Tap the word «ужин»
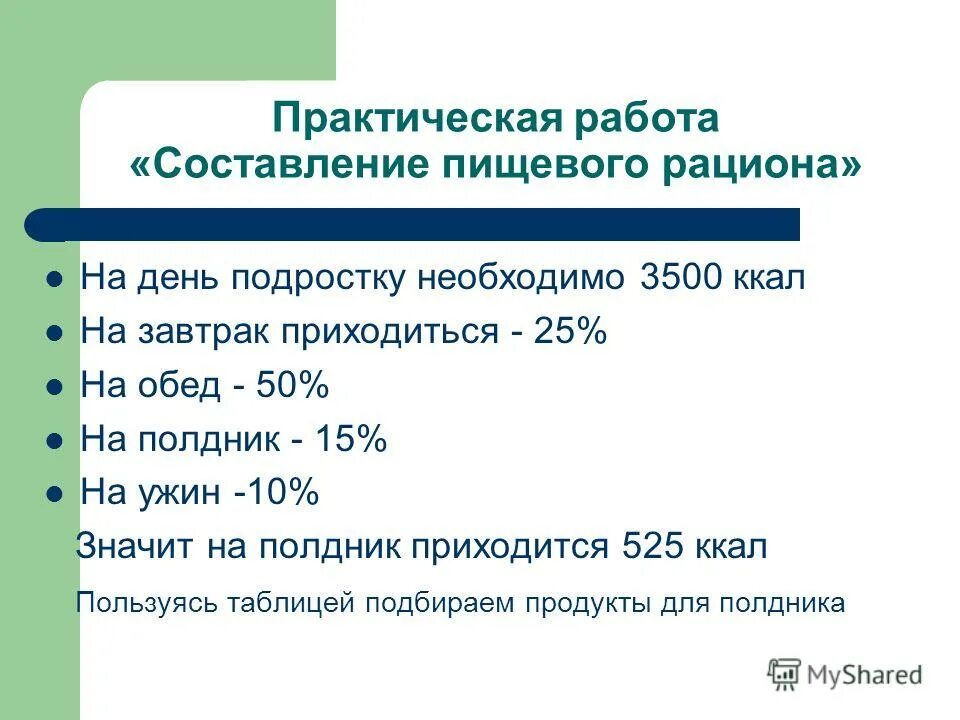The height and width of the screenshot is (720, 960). click(181, 493)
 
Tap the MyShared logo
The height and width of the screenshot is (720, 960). click(845, 674)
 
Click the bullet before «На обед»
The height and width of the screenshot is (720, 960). click(56, 387)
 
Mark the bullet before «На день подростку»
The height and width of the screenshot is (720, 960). click(56, 279)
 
